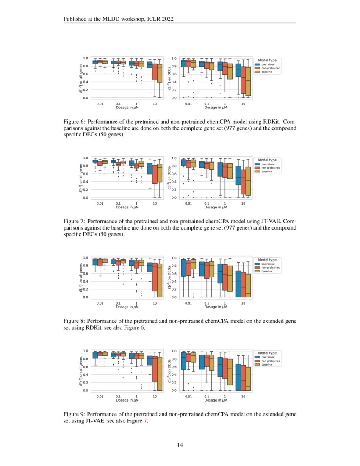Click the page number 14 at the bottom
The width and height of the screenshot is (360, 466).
click(x=180, y=445)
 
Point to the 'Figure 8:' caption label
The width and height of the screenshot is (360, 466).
click(x=75, y=321)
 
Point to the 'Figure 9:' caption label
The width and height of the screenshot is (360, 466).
click(x=75, y=414)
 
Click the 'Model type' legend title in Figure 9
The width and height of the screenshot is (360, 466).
click(x=267, y=353)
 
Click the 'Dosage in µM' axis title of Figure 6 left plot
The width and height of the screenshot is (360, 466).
click(x=127, y=108)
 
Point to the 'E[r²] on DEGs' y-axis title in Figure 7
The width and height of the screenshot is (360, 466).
click(x=169, y=178)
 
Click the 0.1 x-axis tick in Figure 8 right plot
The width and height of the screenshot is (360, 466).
click(x=206, y=303)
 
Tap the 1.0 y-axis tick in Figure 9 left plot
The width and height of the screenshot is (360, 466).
click(x=86, y=351)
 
